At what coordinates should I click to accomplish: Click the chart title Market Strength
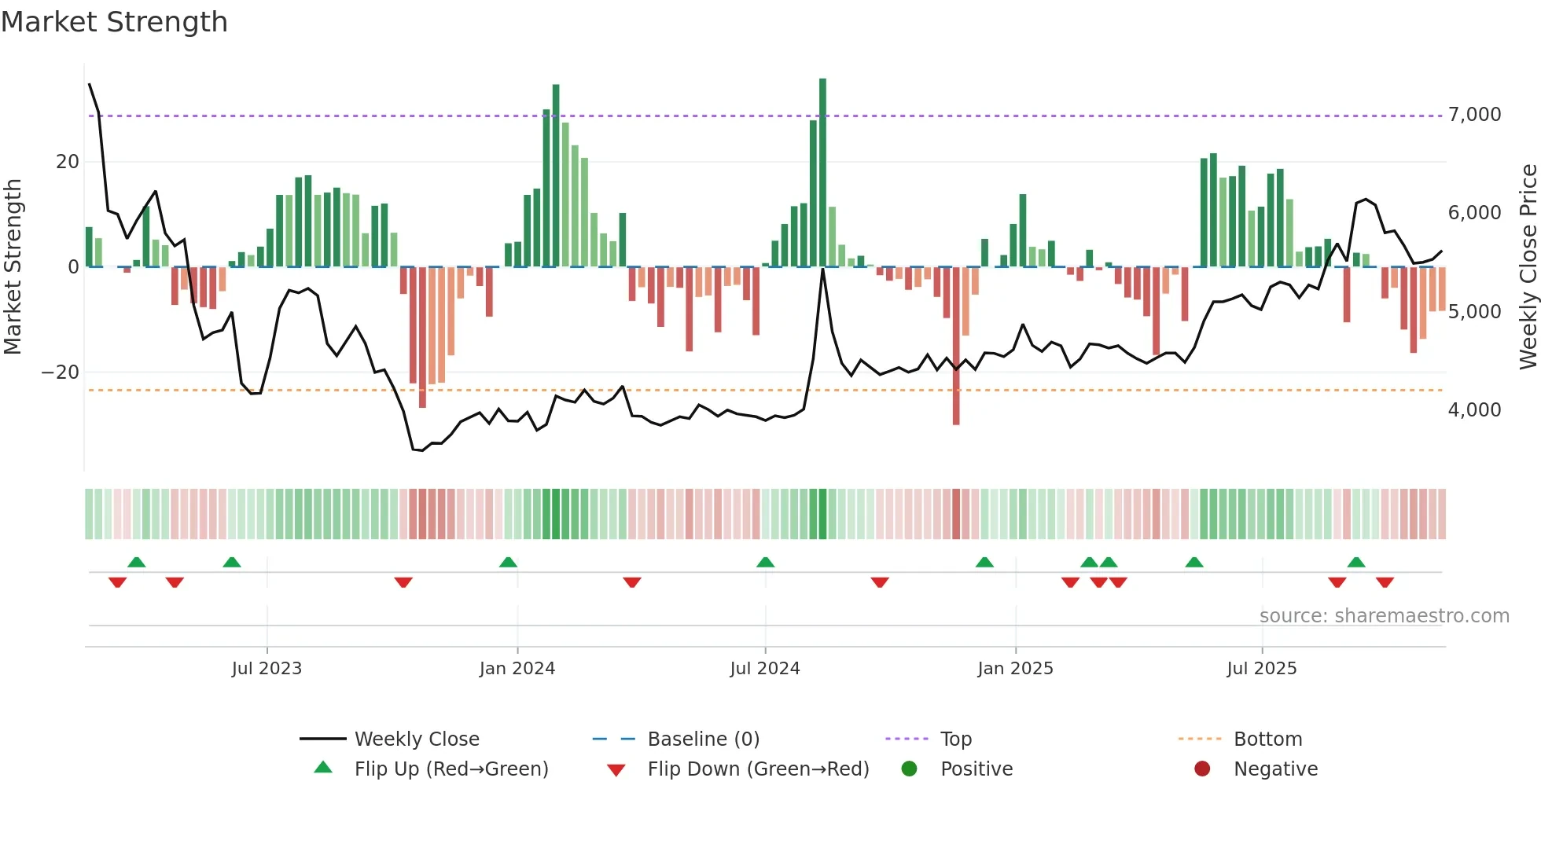pyautogui.click(x=115, y=22)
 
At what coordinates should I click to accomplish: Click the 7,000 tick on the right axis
pyautogui.click(x=1474, y=115)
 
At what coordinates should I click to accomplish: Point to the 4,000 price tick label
pyautogui.click(x=1474, y=409)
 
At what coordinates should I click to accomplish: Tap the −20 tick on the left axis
pyautogui.click(x=60, y=372)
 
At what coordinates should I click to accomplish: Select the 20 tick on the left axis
pyautogui.click(x=68, y=162)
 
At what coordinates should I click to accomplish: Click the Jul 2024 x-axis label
pyautogui.click(x=764, y=669)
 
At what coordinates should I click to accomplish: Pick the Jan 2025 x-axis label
pyautogui.click(x=1015, y=669)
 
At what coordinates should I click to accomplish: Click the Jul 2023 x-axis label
pyautogui.click(x=267, y=669)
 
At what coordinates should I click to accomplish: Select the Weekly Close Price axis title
pyautogui.click(x=1528, y=266)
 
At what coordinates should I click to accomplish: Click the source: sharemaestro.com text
pyautogui.click(x=1384, y=615)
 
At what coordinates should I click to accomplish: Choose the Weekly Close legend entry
pyautogui.click(x=416, y=739)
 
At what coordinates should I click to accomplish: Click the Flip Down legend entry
pyautogui.click(x=757, y=769)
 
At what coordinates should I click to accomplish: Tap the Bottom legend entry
pyautogui.click(x=1267, y=739)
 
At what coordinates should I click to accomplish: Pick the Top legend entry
pyautogui.click(x=955, y=739)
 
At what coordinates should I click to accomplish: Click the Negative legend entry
pyautogui.click(x=1275, y=769)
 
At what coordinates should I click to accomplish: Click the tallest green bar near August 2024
pyautogui.click(x=822, y=173)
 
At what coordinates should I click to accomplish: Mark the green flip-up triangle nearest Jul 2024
pyautogui.click(x=765, y=562)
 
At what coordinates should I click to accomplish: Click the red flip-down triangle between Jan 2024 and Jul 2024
pyautogui.click(x=632, y=582)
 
